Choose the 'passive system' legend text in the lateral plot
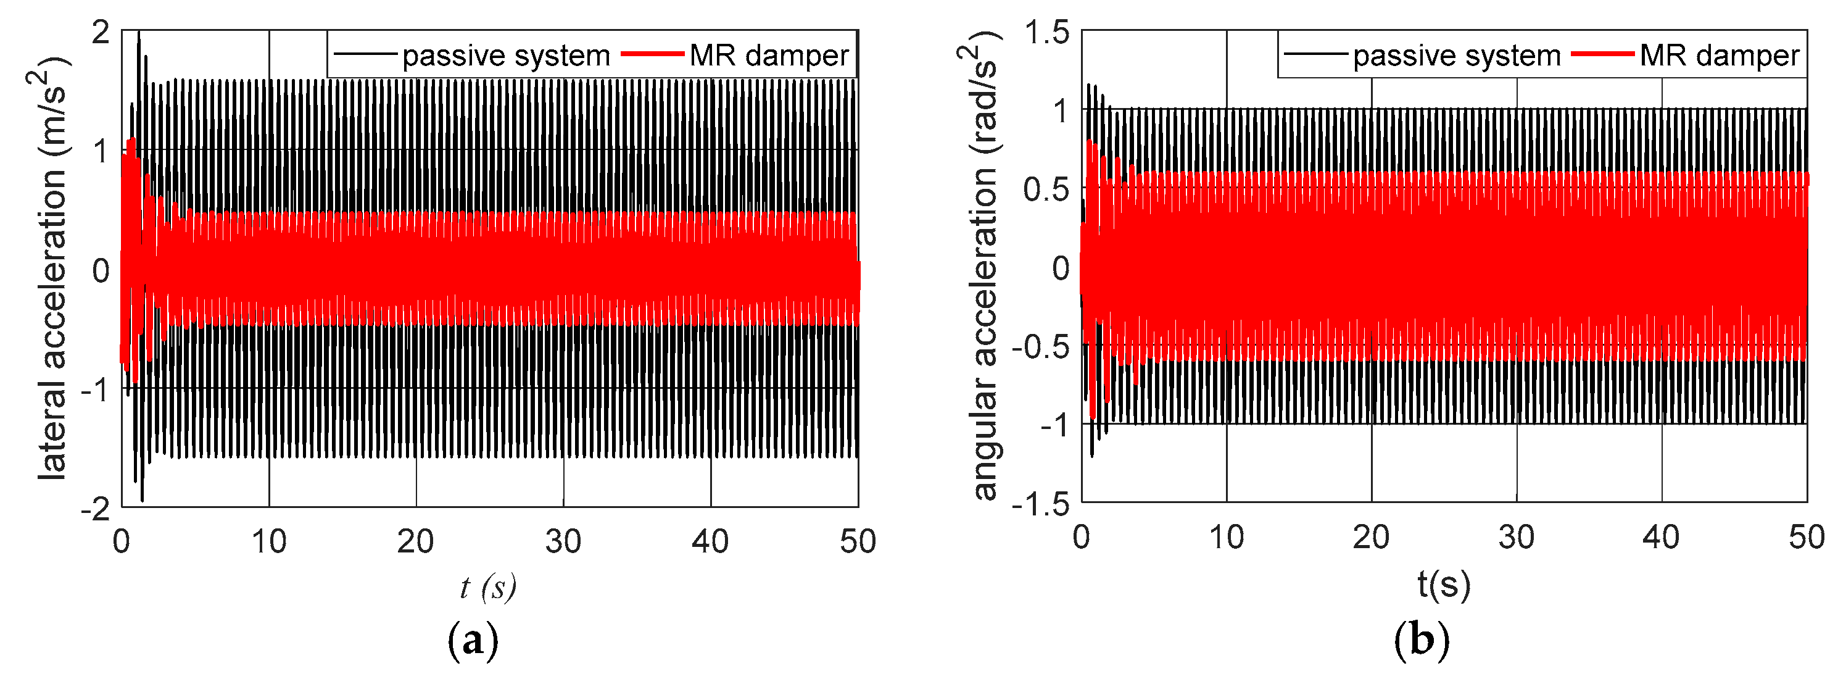pyautogui.click(x=506, y=56)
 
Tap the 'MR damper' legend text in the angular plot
pyautogui.click(x=1720, y=56)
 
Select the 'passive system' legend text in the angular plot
pyautogui.click(x=1456, y=56)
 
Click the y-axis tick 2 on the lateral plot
pyautogui.click(x=101, y=33)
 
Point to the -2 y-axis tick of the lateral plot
pyautogui.click(x=95, y=509)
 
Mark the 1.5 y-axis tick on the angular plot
pyautogui.click(x=1047, y=33)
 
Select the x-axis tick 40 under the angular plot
pyautogui.click(x=1661, y=538)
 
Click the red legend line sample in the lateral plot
pyautogui.click(x=652, y=54)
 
